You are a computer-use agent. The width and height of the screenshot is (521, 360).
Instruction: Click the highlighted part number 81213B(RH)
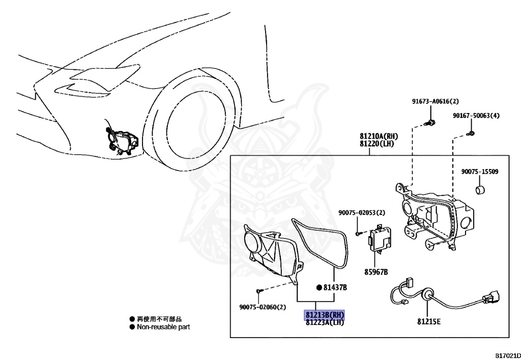coord(325,315)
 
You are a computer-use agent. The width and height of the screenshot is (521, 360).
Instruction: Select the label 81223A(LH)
coord(325,322)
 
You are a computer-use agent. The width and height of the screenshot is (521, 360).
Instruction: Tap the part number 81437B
coord(335,287)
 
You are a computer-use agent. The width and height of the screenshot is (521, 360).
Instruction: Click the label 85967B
coord(375,272)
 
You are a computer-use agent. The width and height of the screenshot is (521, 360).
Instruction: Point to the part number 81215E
coord(429,321)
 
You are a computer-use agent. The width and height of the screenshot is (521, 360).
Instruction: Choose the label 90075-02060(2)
coord(263,307)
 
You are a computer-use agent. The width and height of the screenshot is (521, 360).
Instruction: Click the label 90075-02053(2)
coord(362,212)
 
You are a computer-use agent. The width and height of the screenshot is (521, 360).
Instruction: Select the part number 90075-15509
coord(480,172)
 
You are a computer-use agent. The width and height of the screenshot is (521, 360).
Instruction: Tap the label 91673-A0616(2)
coord(435,101)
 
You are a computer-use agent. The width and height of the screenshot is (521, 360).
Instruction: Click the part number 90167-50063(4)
coord(476,116)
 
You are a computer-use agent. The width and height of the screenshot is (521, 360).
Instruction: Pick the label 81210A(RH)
coord(379,136)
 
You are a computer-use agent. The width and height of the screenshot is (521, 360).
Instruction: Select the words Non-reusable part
coord(163,327)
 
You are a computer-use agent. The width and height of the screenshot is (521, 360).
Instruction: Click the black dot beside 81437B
coord(319,287)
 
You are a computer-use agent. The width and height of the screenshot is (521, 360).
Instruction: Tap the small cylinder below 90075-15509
coord(480,191)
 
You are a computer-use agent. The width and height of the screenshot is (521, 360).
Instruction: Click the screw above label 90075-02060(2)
coord(259,290)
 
